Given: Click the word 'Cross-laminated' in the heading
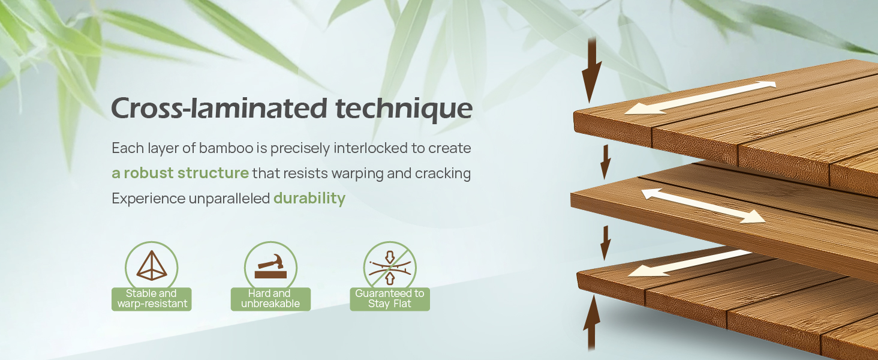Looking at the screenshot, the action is [x=219, y=108].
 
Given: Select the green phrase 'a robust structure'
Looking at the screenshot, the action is [x=181, y=173].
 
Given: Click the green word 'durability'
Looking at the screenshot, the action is [x=309, y=198].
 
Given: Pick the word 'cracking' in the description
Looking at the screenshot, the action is [x=443, y=173].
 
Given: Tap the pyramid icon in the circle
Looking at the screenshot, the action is [x=152, y=265].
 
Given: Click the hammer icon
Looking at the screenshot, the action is [x=270, y=266].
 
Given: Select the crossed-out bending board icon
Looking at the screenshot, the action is [x=390, y=268].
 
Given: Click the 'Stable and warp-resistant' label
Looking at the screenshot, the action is [x=152, y=299].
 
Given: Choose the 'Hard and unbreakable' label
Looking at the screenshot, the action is [x=270, y=299].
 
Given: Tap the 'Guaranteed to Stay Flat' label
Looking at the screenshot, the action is [x=390, y=299].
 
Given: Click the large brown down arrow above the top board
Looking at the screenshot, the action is [x=591, y=71].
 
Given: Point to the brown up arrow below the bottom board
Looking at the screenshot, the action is [x=591, y=323].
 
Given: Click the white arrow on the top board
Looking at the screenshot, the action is [x=700, y=98].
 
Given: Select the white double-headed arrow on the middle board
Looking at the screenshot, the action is [x=703, y=205].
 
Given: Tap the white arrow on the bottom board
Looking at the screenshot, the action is [x=689, y=263].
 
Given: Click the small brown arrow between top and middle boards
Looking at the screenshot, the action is [x=606, y=162].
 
